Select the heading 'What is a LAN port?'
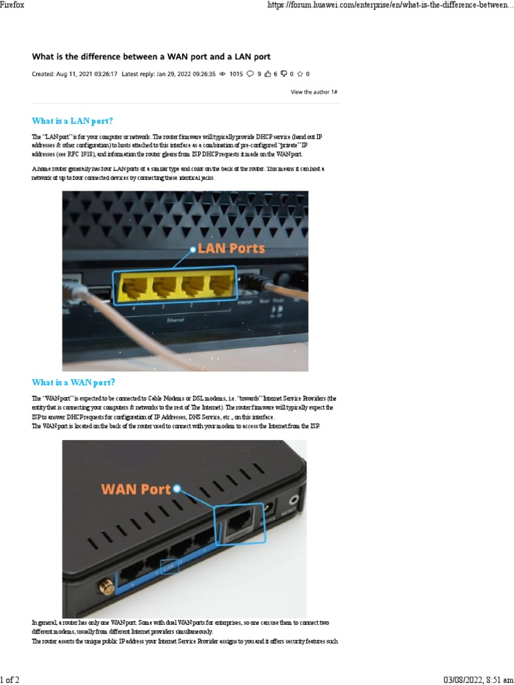pyautogui.click(x=72, y=121)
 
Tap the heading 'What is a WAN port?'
pyautogui.click(x=74, y=383)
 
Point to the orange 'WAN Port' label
pyautogui.click(x=136, y=489)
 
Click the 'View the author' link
pyautogui.click(x=313, y=92)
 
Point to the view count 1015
pyautogui.click(x=236, y=74)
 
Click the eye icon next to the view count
pyautogui.click(x=223, y=74)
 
